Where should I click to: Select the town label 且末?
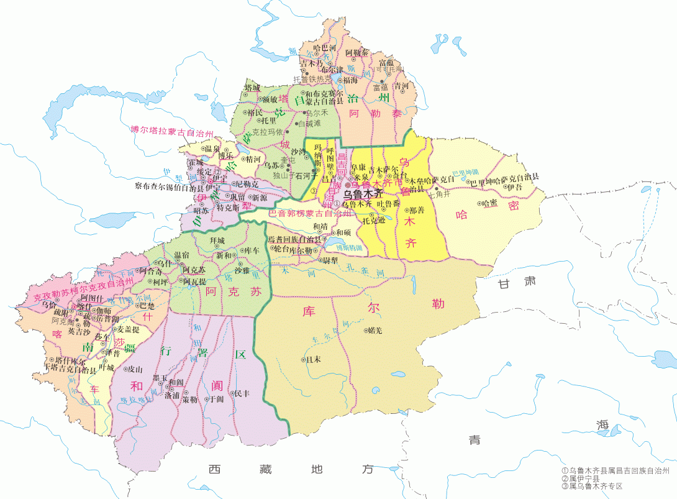pos(312,359)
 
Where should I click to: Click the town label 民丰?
pos(242,393)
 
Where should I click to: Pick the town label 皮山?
pos(135,369)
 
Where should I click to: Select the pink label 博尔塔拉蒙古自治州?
pos(172,130)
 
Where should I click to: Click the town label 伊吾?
pos(514,186)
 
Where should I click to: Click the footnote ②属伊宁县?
pos(580,478)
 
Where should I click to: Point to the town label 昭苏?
pos(201,211)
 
